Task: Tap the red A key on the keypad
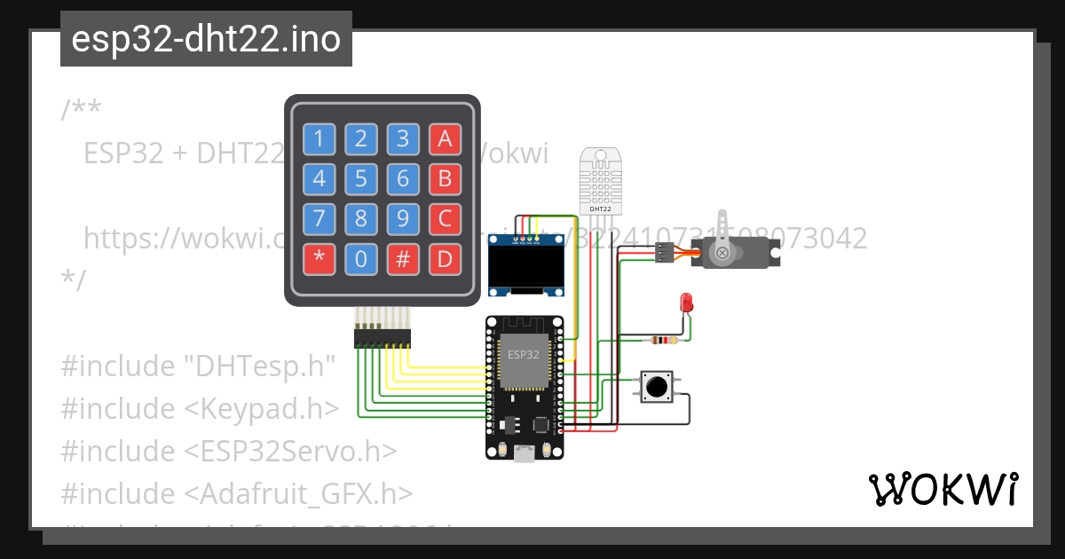(x=445, y=138)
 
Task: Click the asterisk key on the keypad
(x=319, y=259)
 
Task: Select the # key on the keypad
(x=403, y=259)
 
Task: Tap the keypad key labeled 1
(x=319, y=138)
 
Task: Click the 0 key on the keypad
(x=360, y=259)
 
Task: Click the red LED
(x=685, y=302)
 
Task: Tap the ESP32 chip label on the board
(x=523, y=354)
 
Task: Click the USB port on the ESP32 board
(x=524, y=453)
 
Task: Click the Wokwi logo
(x=943, y=489)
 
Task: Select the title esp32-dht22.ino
(x=206, y=40)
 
